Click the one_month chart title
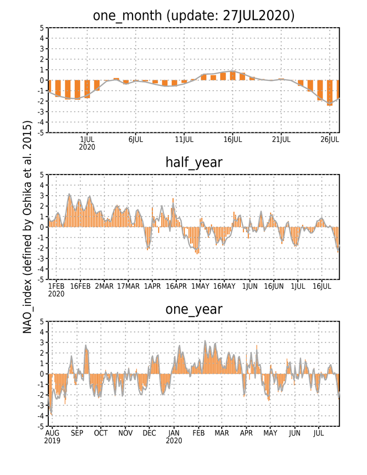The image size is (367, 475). [193, 16]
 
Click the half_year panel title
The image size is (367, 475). [193, 162]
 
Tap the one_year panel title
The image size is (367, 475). [193, 309]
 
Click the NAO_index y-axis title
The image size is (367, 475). [27, 227]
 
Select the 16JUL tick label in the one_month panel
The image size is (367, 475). [233, 140]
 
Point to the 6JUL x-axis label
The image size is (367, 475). [136, 140]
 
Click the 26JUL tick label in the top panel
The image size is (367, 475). [330, 140]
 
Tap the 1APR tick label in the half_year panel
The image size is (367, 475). [152, 286]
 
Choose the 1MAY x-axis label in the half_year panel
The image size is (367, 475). [200, 286]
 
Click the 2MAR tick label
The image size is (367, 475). [104, 286]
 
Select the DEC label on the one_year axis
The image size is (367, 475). [150, 433]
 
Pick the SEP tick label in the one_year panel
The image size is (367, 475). [77, 433]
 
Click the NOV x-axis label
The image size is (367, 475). [125, 433]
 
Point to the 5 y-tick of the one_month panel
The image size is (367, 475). [42, 28]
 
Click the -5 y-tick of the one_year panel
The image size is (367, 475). [40, 427]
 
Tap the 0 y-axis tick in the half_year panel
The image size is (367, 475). [42, 227]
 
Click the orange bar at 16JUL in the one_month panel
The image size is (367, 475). [233, 76]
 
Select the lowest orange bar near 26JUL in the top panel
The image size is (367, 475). [330, 93]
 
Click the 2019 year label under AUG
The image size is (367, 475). [52, 441]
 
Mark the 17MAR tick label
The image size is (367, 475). [129, 286]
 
